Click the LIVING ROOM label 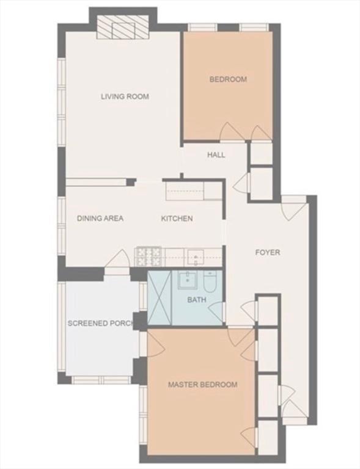point(125,96)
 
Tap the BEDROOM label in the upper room point(228,79)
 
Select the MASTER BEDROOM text point(202,384)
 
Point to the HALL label point(216,155)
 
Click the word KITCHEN point(177,219)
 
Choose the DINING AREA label point(100,218)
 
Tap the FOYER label point(268,252)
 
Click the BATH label point(197,299)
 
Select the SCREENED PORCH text point(101,323)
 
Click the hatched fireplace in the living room point(123,27)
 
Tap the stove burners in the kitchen point(149,256)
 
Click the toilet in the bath point(210,279)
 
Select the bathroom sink point(188,280)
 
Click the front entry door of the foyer point(293,209)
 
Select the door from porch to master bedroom point(153,344)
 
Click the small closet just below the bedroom point(261,154)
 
